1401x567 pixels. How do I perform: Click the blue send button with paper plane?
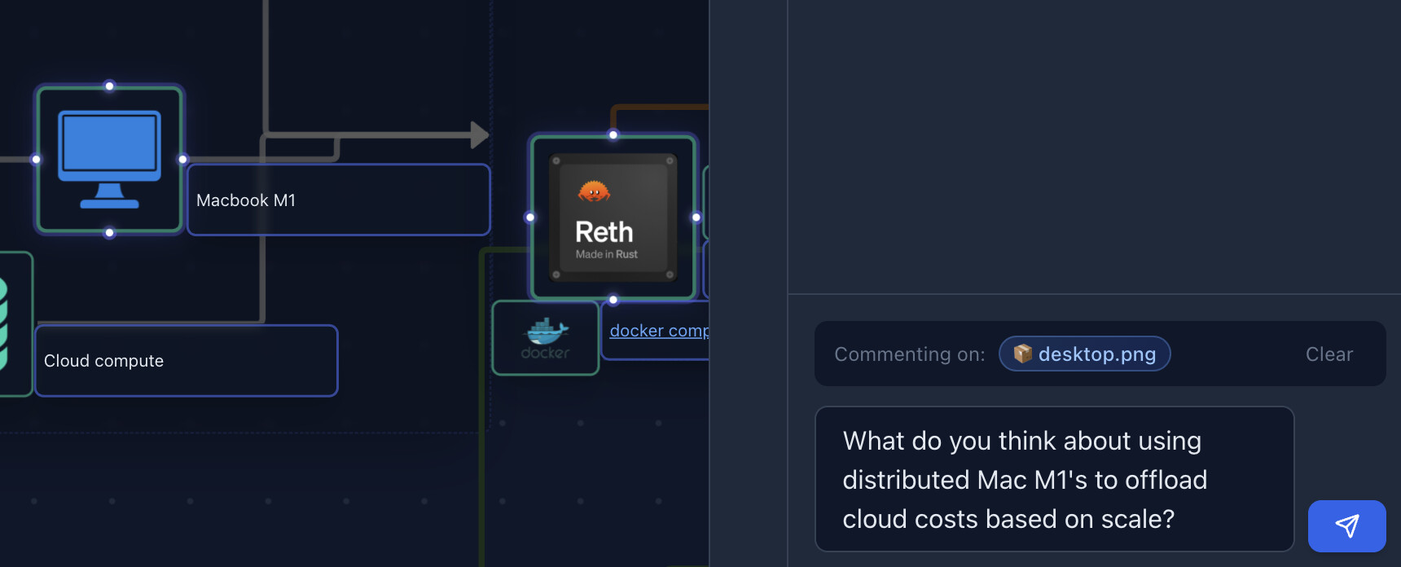[x=1346, y=525]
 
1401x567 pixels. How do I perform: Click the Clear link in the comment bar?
[x=1329, y=354]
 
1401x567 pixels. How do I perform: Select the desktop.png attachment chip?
[x=1085, y=354]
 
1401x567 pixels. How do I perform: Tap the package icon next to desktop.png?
[x=1023, y=354]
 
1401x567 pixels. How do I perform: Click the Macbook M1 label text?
[x=246, y=200]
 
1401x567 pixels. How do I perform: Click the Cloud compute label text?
[x=103, y=361]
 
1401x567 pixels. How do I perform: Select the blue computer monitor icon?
[x=109, y=160]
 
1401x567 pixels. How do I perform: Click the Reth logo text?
[x=604, y=232]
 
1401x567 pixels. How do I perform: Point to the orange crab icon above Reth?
[x=594, y=191]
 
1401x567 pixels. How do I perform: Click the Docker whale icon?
[x=546, y=331]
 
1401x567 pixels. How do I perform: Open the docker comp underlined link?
[x=659, y=331]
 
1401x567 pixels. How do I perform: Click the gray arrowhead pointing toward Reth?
[x=480, y=135]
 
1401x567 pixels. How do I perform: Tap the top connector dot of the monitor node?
[x=109, y=86]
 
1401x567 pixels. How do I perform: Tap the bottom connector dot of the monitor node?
[x=109, y=233]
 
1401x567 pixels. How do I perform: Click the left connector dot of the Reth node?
[x=530, y=218]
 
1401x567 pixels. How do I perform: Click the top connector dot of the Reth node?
[x=613, y=135]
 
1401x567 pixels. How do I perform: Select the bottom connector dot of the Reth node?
[x=613, y=300]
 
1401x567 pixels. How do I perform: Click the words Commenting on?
[x=910, y=354]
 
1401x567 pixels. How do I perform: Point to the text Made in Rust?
[x=607, y=255]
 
